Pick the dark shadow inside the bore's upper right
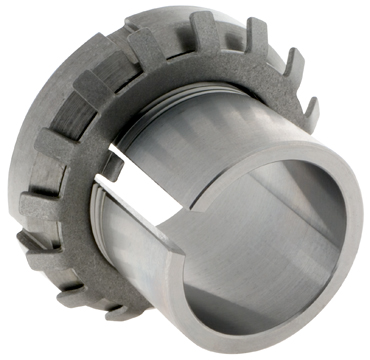320,185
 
